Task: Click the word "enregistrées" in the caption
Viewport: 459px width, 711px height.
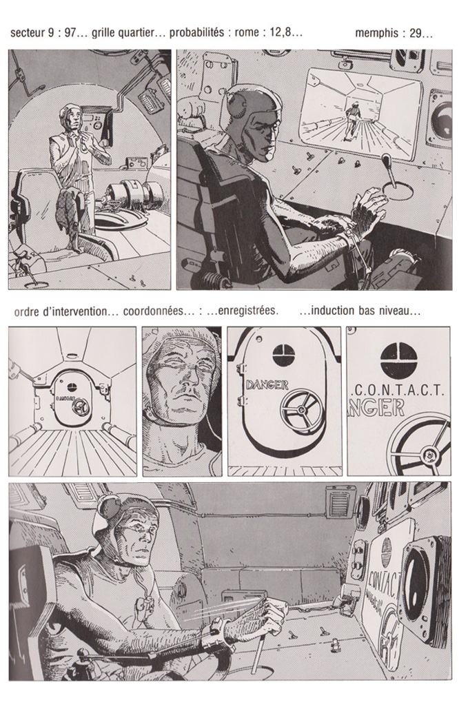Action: coord(247,311)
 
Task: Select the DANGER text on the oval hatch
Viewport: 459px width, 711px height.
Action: coord(267,385)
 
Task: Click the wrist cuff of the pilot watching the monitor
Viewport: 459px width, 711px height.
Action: coord(348,238)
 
